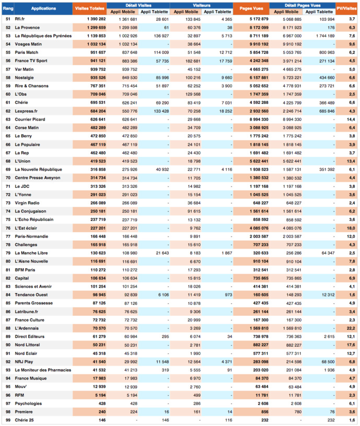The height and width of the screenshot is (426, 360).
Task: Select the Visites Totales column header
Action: point(89,8)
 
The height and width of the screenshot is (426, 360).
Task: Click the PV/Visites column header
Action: point(347,8)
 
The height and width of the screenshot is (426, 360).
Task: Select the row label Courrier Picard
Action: point(30,119)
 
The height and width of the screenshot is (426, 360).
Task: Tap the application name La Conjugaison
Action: point(31,211)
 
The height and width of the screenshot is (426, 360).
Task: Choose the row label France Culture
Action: point(29,319)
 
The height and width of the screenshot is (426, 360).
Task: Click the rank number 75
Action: point(7,219)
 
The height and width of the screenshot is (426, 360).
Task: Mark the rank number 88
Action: point(7,328)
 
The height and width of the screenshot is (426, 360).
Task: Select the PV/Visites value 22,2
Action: point(351,328)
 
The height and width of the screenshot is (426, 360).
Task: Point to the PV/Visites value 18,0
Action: point(351,228)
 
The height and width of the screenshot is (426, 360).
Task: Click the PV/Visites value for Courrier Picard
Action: point(351,119)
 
